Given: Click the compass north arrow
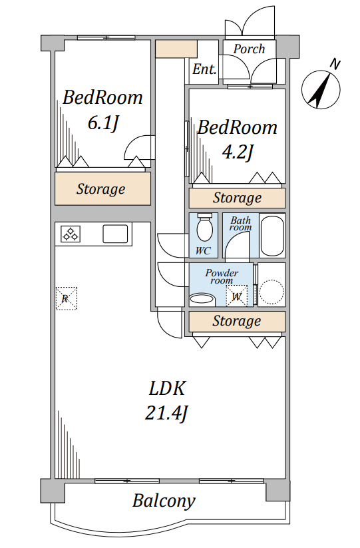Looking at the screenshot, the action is coord(321,89).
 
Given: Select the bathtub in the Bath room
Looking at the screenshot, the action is coord(272,236).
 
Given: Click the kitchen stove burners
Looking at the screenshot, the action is coord(71,234).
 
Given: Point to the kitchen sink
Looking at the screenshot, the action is coord(115,234).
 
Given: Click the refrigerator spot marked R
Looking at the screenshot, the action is coord(67,298).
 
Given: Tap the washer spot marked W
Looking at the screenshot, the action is coord(237,296).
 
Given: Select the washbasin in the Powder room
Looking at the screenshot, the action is coord(202,300).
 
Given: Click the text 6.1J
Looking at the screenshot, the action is coord(103,123).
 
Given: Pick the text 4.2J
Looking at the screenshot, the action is coord(238,152).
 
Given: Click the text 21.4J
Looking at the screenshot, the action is coord(166,413).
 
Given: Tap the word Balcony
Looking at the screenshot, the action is coord(164,501).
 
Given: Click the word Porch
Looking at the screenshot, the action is coord(250,49).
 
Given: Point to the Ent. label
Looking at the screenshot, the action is coord(204,69).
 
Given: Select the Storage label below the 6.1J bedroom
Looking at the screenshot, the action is coord(101,189).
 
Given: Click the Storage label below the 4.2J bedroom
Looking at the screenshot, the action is coord(237,198).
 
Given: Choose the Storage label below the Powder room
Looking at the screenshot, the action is coord(237,321).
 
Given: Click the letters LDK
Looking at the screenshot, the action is coord(167,388).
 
